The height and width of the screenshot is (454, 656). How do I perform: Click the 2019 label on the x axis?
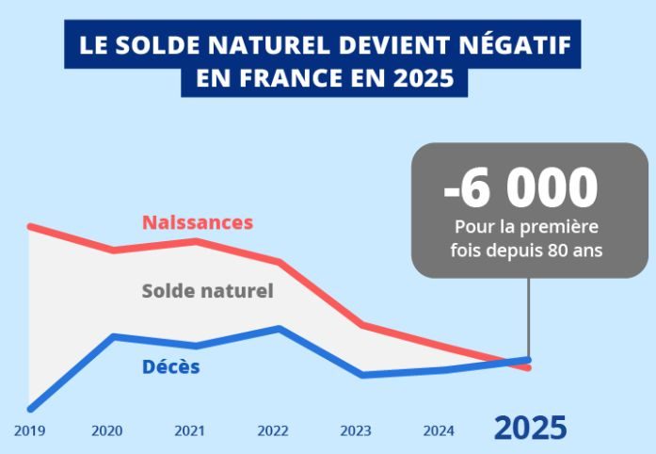pyautogui.click(x=29, y=431)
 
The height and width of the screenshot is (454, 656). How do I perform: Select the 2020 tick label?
pyautogui.click(x=107, y=431)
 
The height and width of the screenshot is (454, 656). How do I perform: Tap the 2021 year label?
pyautogui.click(x=190, y=431)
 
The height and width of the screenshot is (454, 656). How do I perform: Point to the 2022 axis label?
pyautogui.click(x=273, y=431)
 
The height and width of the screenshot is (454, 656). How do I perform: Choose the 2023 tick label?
pyautogui.click(x=356, y=431)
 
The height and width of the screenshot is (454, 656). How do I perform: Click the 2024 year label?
pyautogui.click(x=439, y=431)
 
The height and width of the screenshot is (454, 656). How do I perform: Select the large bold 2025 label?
pyautogui.click(x=531, y=429)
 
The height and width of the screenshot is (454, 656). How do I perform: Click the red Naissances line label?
pyautogui.click(x=198, y=223)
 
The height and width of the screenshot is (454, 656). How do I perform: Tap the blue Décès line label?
pyautogui.click(x=171, y=367)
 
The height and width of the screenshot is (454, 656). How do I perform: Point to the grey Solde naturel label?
pyautogui.click(x=207, y=291)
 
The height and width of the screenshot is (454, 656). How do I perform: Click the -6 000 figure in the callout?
pyautogui.click(x=520, y=188)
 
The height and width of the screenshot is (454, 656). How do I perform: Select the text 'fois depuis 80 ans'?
pyautogui.click(x=528, y=251)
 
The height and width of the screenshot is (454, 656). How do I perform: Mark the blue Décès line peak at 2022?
pyautogui.click(x=280, y=328)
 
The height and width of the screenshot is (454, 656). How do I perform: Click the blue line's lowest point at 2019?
pyautogui.click(x=30, y=409)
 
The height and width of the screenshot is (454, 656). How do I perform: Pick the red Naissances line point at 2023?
pyautogui.click(x=362, y=325)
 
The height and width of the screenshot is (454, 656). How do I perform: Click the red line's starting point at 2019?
pyautogui.click(x=30, y=226)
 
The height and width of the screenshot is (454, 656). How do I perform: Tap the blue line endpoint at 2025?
pyautogui.click(x=529, y=359)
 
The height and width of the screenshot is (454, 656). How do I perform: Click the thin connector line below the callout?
pyautogui.click(x=528, y=316)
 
